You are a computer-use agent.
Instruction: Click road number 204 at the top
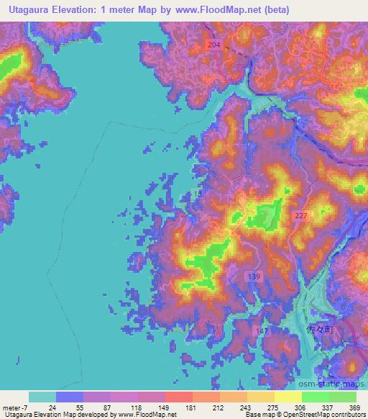point(213,45)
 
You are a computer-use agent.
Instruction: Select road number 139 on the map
point(257,276)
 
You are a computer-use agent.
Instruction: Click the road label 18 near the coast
point(198,194)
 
